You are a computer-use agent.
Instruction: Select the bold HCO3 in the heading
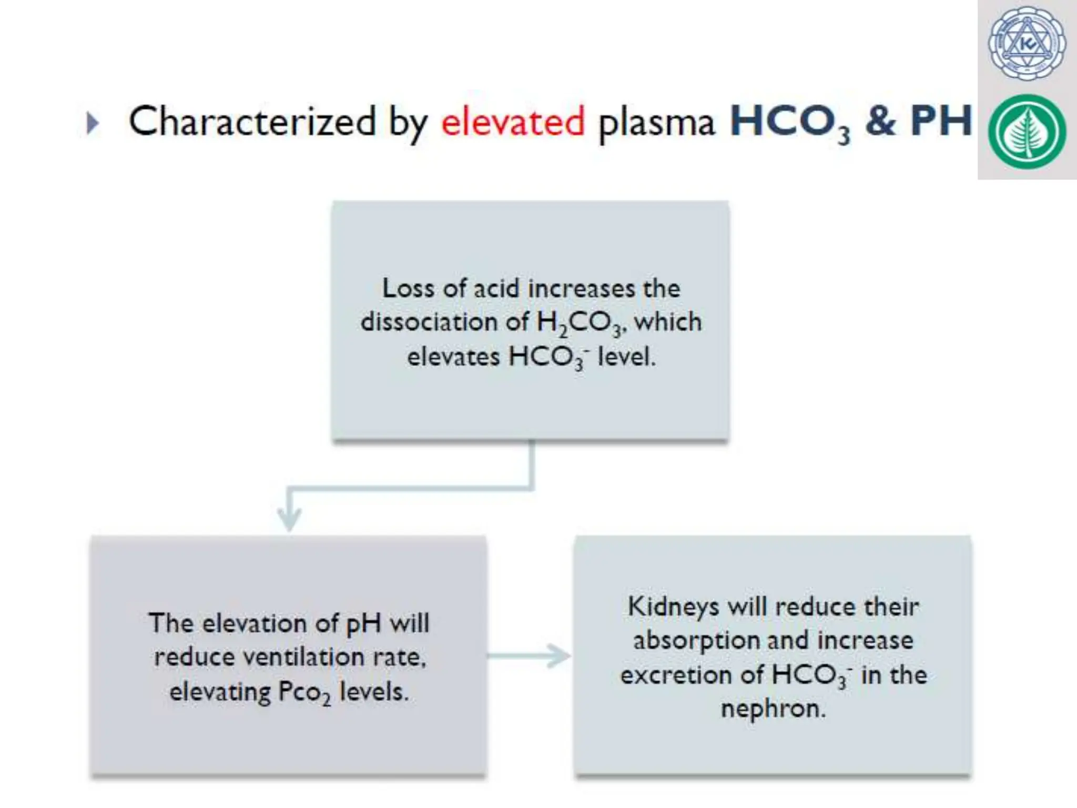click(x=789, y=122)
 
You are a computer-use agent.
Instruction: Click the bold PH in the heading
click(x=941, y=121)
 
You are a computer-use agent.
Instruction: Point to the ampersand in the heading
click(x=880, y=121)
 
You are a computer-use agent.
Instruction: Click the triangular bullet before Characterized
click(x=93, y=124)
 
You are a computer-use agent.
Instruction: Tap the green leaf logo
click(x=1027, y=132)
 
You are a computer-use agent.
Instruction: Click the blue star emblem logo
click(x=1027, y=44)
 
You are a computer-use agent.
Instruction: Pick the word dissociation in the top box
click(x=429, y=322)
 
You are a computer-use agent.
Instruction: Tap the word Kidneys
click(x=673, y=607)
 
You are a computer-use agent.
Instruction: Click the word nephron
click(x=773, y=709)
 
